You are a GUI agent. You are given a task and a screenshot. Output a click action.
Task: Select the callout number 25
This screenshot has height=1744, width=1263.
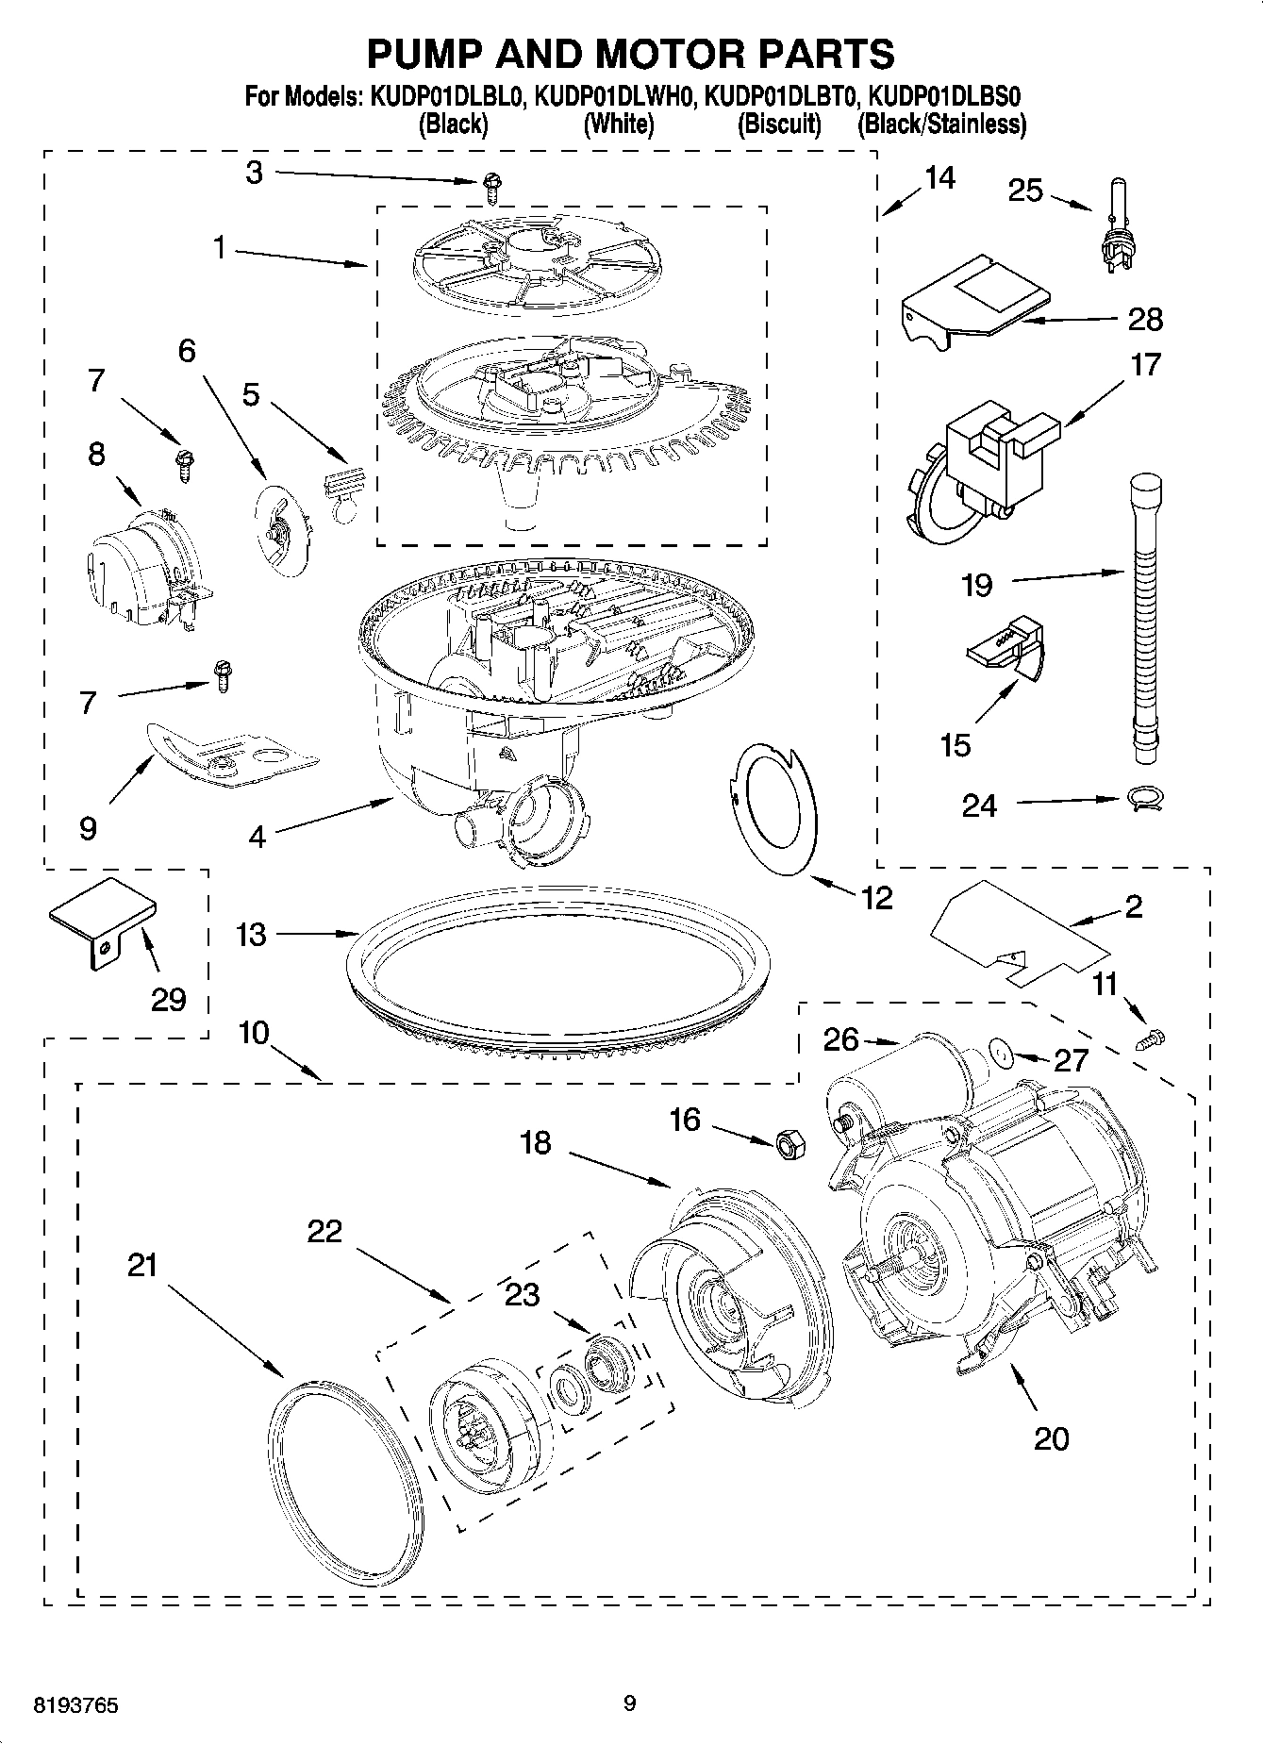pyautogui.click(x=1025, y=191)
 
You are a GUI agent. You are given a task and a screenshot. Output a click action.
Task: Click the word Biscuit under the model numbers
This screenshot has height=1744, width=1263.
pyautogui.click(x=779, y=124)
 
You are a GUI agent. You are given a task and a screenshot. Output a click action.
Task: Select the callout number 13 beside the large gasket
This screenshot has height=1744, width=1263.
pyautogui.click(x=252, y=935)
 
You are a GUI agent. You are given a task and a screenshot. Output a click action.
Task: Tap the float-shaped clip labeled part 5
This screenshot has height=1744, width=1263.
pyautogui.click(x=341, y=488)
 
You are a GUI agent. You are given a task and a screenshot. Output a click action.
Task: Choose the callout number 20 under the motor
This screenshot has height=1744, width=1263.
pyautogui.click(x=1051, y=1438)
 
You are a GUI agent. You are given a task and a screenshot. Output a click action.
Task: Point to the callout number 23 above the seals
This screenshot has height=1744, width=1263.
pyautogui.click(x=523, y=1295)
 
